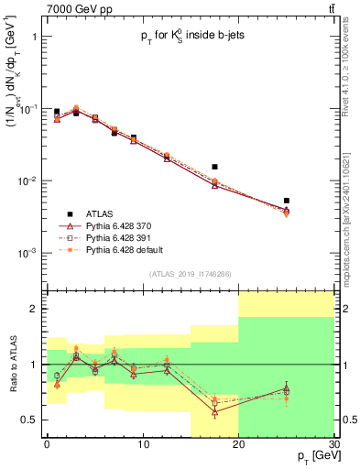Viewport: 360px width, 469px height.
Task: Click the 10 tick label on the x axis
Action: [141, 444]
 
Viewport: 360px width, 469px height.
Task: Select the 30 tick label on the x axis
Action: [333, 444]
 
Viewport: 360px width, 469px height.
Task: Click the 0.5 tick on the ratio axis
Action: [28, 420]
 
